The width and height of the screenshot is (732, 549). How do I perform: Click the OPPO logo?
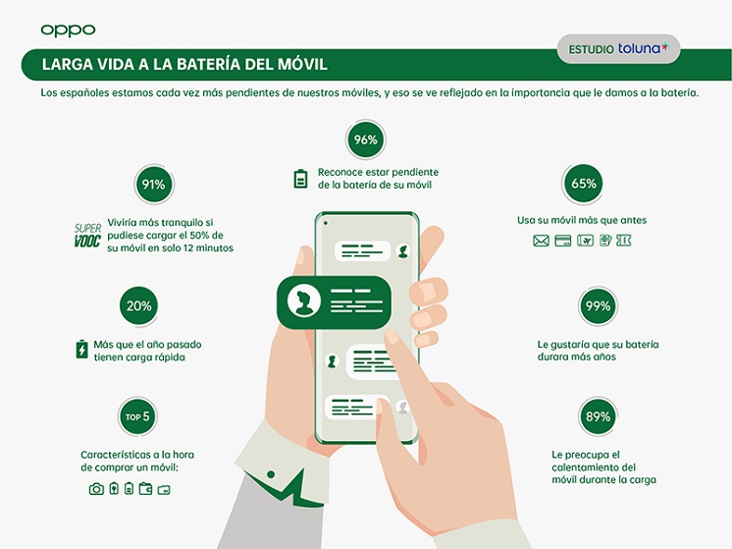point(68,30)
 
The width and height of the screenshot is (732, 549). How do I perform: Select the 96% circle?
point(366,139)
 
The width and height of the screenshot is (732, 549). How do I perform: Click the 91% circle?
point(154,184)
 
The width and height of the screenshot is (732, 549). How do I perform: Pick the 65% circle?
point(584,183)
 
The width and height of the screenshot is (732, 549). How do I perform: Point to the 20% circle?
point(139,305)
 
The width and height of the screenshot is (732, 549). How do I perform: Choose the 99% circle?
point(598,305)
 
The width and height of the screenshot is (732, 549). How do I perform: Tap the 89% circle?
point(598,416)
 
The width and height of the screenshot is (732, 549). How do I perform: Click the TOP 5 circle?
point(137,416)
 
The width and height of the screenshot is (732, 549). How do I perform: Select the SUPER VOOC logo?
point(87,235)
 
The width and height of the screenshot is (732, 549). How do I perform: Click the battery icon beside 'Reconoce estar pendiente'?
point(300,179)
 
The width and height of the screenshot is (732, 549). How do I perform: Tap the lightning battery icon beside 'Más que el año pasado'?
point(81,349)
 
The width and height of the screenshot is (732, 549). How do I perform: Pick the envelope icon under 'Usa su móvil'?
point(541,241)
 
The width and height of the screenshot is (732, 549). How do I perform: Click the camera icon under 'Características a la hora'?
point(96,489)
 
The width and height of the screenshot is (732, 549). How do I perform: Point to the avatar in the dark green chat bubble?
point(304,302)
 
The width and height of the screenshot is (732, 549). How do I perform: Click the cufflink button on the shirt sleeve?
point(271,474)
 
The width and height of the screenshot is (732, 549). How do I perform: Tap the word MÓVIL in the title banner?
point(302,64)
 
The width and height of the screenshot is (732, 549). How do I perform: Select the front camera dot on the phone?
point(326,223)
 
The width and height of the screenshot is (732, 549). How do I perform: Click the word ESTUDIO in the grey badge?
point(591,49)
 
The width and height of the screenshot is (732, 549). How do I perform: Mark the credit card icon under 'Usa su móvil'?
point(563,241)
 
